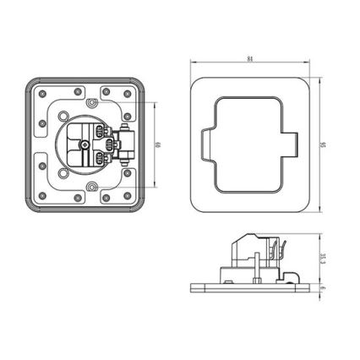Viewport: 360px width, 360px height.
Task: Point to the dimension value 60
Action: [x=158, y=145]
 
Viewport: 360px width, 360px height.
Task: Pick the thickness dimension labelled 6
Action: [x=324, y=287]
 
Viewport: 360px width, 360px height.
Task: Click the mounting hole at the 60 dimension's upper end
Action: [x=90, y=104]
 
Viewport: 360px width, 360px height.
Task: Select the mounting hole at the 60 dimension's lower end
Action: [x=90, y=184]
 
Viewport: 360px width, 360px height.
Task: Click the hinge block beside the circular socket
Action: [x=125, y=145]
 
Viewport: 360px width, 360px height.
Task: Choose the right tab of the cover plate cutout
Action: [x=292, y=145]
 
